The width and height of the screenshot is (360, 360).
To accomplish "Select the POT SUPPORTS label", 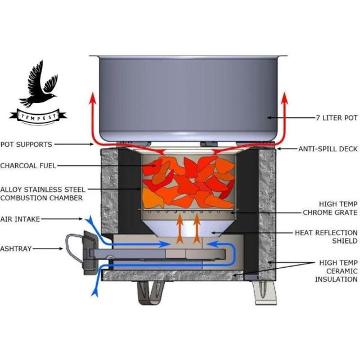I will pos(26,145).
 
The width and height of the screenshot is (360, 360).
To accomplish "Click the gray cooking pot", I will pos(188,96).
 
